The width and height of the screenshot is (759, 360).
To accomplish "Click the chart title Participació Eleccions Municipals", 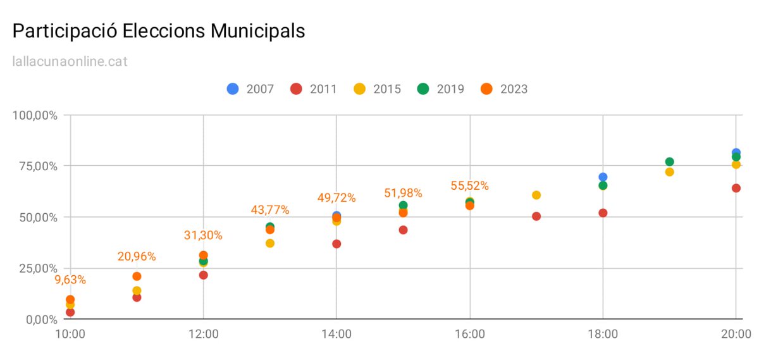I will tap(159, 31).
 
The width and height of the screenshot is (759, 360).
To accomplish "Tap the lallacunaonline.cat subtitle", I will tap(70, 62).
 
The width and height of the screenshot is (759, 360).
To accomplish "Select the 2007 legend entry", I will tap(250, 89).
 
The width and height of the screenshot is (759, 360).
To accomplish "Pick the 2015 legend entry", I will tap(377, 89).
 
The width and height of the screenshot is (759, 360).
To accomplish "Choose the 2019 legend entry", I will tap(440, 89).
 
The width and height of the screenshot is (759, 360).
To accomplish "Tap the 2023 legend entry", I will tap(504, 89).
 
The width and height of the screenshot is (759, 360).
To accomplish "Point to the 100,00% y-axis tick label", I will tap(35, 116).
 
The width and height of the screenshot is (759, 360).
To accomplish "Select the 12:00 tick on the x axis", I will tap(203, 333).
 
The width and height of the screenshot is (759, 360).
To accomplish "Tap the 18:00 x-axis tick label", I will tap(603, 333).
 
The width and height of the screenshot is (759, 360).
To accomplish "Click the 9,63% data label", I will tap(70, 280).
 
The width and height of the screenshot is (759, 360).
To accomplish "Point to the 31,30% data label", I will tap(203, 235).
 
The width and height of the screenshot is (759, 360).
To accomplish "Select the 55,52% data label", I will tap(469, 186).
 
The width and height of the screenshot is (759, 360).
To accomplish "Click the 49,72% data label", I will tap(336, 198).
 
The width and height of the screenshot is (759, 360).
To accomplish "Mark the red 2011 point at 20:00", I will tap(736, 188).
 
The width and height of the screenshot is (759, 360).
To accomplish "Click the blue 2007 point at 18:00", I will tap(603, 177).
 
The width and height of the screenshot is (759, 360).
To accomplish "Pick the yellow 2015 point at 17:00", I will tap(536, 195).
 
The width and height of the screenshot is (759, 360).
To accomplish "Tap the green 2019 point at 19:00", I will tap(669, 162).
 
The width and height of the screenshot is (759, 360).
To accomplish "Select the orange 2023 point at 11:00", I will tap(137, 276).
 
